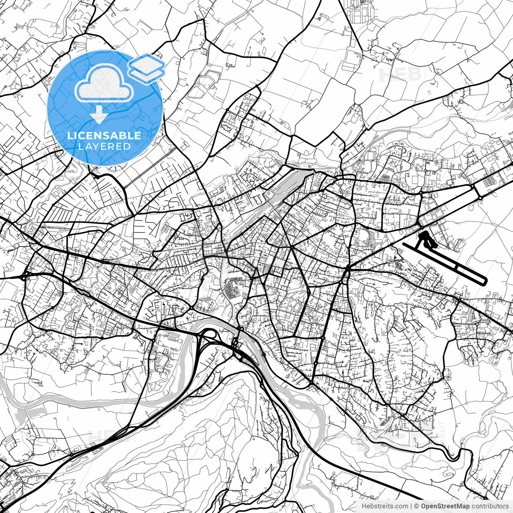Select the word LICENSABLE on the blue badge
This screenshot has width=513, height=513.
coord(104,135)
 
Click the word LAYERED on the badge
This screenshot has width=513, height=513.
coord(104,147)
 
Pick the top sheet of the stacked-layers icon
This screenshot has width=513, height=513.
coord(147,64)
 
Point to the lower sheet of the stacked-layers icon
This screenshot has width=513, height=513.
coord(147,73)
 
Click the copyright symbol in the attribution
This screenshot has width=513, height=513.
coord(416,506)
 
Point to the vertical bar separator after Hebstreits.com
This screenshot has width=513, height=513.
coord(411,506)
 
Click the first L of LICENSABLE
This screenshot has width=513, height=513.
coord(69,135)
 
